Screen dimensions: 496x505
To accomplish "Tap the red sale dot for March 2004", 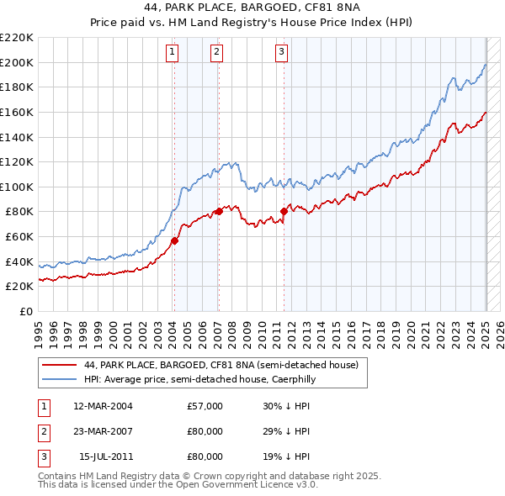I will [174, 240].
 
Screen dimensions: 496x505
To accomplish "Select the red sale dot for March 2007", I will [219, 211].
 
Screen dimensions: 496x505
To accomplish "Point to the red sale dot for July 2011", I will [284, 211].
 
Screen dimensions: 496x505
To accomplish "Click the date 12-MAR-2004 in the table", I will [103, 406].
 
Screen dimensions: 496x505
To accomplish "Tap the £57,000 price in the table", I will [205, 406].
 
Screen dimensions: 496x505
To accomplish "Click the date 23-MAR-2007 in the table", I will [103, 431].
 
